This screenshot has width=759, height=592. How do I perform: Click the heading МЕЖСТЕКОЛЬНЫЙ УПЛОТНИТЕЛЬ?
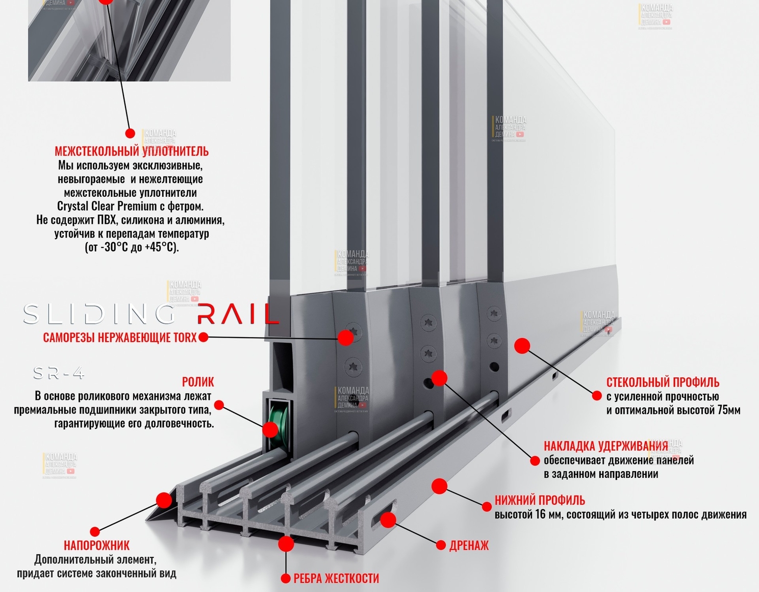(x=132, y=151)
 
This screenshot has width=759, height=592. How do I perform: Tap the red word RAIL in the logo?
(x=237, y=315)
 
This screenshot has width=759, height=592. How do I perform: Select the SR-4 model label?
(x=59, y=374)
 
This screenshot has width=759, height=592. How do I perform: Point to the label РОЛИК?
(x=198, y=382)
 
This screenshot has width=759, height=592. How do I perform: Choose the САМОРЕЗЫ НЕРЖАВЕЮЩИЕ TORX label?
(x=120, y=338)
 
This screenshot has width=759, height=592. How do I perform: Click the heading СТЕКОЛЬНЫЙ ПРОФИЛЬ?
(x=663, y=382)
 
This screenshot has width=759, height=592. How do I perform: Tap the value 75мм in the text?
(x=729, y=410)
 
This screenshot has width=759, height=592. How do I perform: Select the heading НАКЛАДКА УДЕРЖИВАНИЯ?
(x=605, y=446)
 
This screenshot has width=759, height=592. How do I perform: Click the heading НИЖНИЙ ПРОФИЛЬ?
(x=540, y=500)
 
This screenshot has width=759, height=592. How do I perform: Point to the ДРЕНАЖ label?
(x=469, y=546)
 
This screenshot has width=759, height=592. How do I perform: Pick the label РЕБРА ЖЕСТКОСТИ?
(x=336, y=578)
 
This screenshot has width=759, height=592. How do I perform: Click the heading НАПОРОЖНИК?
(x=96, y=546)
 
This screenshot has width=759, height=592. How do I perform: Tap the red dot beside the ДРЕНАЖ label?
(x=441, y=546)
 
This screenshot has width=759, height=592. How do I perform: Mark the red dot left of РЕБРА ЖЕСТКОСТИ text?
(x=286, y=578)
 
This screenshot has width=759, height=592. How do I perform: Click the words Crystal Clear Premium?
(x=107, y=207)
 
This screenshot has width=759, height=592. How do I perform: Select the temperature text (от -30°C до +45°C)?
(x=132, y=247)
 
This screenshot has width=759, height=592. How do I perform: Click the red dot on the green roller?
(x=270, y=429)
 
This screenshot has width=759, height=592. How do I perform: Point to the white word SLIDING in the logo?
(x=99, y=315)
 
